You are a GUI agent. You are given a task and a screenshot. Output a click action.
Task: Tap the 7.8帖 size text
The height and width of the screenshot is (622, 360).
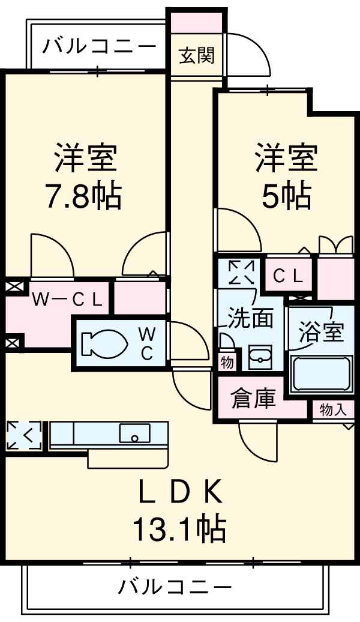pos(84,196)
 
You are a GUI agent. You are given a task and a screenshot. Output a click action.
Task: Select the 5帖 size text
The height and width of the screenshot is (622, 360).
pos(286,196)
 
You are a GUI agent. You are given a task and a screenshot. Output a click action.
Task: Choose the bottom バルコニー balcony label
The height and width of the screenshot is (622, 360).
pos(174,586)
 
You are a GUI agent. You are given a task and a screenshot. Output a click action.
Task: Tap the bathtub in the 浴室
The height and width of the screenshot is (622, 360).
pos(320,374)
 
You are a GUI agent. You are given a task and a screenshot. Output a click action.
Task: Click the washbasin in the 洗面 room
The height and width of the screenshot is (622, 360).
pos(260,358)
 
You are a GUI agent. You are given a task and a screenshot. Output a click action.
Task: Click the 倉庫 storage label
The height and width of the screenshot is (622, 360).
pos(254,399)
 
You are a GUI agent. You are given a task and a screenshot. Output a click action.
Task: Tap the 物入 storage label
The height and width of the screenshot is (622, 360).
pos(333,410)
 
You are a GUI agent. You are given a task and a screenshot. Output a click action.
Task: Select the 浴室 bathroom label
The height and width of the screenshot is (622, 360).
pos(322,332)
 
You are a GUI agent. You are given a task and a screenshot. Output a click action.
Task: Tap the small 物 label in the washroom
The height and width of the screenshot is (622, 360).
pos(227,362)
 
